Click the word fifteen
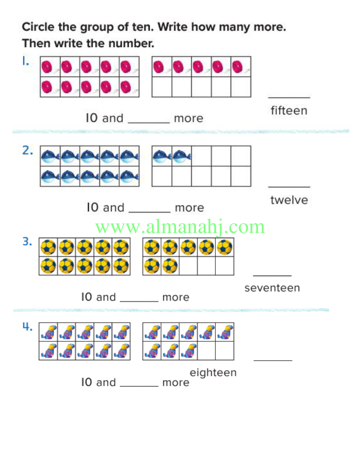click(289, 110)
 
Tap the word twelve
click(289, 200)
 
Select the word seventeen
click(272, 288)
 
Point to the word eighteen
click(213, 373)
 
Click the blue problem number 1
click(25, 61)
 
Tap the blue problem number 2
click(27, 151)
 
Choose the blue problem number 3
click(27, 241)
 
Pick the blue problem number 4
click(27, 327)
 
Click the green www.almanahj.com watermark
click(180, 227)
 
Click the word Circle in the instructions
click(38, 27)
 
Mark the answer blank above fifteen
click(289, 97)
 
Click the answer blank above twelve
click(289, 187)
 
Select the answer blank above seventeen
click(272, 275)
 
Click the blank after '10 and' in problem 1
click(148, 123)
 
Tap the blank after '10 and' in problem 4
click(139, 386)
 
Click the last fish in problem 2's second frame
click(181, 156)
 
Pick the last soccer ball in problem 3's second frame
click(170, 266)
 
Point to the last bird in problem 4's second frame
click(189, 351)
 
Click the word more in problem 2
click(189, 208)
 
